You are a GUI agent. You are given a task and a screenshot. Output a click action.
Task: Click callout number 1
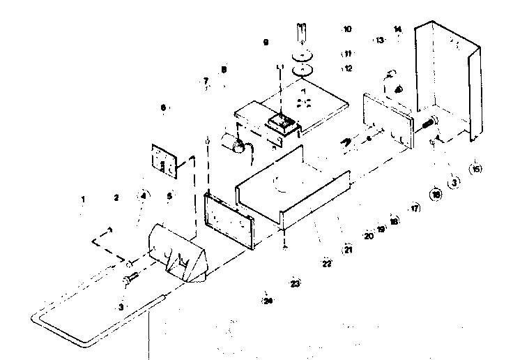pyautogui.click(x=82, y=199)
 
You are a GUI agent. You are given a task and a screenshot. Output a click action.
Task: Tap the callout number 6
pyautogui.click(x=163, y=108)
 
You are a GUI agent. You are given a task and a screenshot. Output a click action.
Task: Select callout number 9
pyautogui.click(x=266, y=43)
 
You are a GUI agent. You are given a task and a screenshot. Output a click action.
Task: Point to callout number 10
pyautogui.click(x=347, y=30)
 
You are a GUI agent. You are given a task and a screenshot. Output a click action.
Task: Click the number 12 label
pyautogui.click(x=348, y=68)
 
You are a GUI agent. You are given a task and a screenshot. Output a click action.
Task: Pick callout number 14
pyautogui.click(x=397, y=29)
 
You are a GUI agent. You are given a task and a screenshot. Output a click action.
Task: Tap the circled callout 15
pyautogui.click(x=476, y=168)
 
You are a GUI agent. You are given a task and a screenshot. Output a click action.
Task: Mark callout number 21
pyautogui.click(x=346, y=250)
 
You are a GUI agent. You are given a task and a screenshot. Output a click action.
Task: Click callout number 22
pyautogui.click(x=326, y=264)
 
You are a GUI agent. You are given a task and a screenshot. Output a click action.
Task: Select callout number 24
pyautogui.click(x=268, y=301)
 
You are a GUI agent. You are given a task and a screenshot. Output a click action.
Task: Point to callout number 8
pyautogui.click(x=224, y=69)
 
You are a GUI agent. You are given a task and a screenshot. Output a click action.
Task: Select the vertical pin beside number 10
pyautogui.click(x=301, y=33)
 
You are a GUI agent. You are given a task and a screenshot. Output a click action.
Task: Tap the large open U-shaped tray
pyautogui.click(x=293, y=185)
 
